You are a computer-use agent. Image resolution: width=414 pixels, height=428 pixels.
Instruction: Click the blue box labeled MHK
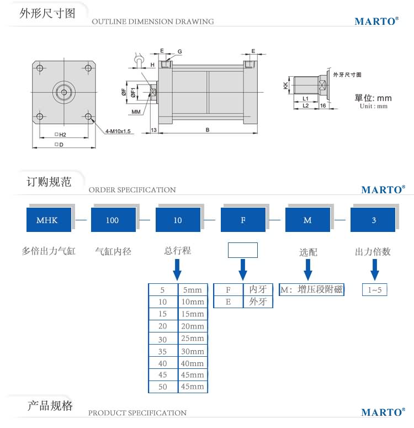[47, 220]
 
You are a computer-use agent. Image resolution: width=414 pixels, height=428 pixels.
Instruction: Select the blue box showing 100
[112, 220]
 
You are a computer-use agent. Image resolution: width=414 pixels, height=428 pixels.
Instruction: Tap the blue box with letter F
[243, 220]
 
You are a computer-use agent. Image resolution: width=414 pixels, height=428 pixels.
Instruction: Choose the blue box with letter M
[307, 220]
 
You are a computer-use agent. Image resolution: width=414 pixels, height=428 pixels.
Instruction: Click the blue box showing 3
[373, 220]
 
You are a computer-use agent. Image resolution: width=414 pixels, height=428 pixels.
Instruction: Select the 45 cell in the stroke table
[163, 374]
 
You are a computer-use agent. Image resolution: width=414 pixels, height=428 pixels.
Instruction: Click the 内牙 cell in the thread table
[258, 289]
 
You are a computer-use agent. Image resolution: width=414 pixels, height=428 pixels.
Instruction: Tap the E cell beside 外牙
[228, 302]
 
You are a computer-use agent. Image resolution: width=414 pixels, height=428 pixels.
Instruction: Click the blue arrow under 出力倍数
[374, 270]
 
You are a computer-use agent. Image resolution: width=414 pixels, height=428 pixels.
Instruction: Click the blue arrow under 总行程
[178, 270]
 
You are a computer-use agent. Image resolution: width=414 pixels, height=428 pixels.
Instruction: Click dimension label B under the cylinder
[207, 130]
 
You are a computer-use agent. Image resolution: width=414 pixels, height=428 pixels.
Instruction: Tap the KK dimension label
[285, 86]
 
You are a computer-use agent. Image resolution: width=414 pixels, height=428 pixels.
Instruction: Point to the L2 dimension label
[305, 105]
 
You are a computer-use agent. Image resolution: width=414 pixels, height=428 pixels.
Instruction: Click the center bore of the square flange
[63, 92]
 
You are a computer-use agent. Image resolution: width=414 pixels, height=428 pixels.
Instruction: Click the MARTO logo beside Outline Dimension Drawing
[376, 22]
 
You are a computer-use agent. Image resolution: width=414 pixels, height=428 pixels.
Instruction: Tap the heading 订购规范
[50, 182]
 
